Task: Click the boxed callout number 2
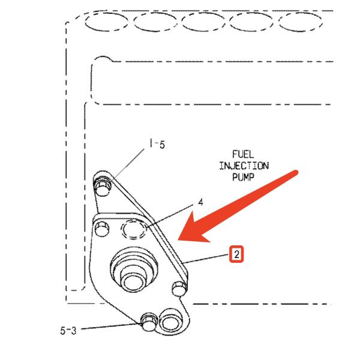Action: pos(237,255)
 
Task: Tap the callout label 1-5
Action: pos(157,144)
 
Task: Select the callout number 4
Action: pos(200,202)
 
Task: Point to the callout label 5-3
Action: pos(68,329)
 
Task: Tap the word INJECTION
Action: pos(244,166)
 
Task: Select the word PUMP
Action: pos(244,177)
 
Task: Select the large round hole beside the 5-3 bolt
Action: pos(169,323)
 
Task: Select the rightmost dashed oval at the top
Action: pos(300,23)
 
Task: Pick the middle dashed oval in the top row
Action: pos(203,23)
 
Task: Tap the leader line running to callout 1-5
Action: pos(129,161)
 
